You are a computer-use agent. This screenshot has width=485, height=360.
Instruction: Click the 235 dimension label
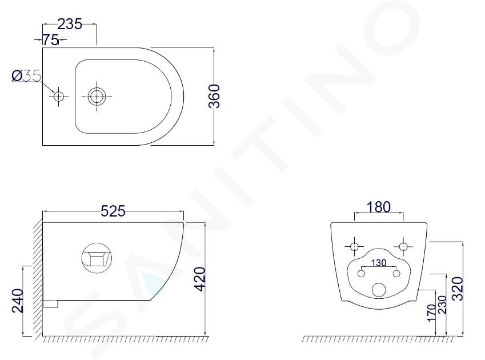click(x=70, y=24)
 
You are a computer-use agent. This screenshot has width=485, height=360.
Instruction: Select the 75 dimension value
click(x=50, y=39)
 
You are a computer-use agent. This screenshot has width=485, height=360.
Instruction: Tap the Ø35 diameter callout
click(x=26, y=76)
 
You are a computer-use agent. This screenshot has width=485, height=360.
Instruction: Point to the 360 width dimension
click(x=214, y=96)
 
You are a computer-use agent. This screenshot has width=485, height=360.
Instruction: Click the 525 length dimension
click(x=113, y=211)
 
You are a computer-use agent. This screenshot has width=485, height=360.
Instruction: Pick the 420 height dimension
click(x=199, y=279)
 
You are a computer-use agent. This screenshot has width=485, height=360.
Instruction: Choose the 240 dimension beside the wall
click(x=17, y=301)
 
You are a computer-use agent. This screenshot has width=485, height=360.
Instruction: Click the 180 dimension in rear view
click(x=379, y=207)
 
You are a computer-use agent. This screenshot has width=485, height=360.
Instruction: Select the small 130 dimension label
click(x=379, y=263)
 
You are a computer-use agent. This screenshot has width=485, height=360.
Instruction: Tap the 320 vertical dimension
click(x=458, y=288)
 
